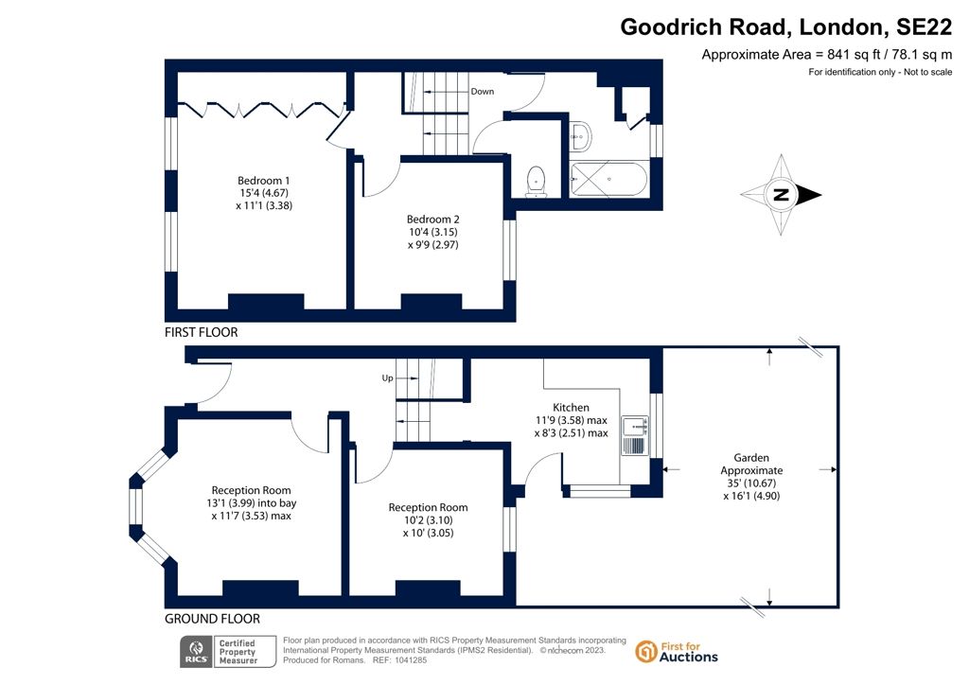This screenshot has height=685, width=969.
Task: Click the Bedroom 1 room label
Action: pos(263,181)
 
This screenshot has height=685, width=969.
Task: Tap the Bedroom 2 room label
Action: pos(432,219)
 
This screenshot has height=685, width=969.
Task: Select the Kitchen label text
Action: pos(571,408)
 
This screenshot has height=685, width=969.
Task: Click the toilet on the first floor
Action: pos(537,180)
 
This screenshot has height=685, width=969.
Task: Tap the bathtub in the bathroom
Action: pos(609,178)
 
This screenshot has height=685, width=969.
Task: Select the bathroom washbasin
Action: pos(580,136)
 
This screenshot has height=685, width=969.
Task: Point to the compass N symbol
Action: pos(781,196)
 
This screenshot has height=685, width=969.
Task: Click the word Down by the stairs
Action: pos(482,92)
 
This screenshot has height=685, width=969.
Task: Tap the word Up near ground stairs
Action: pos(387,378)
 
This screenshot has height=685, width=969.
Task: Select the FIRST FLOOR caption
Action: pos(202,333)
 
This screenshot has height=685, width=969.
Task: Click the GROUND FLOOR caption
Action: pos(212,619)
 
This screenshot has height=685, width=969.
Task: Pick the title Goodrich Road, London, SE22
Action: pos(785,27)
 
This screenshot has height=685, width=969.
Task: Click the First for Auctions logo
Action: pos(677,652)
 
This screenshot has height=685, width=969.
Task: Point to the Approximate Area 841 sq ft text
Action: pos(826,55)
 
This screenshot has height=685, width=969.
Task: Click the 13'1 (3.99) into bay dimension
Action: pos(254,502)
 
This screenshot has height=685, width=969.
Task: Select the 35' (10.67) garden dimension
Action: pos(751,483)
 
